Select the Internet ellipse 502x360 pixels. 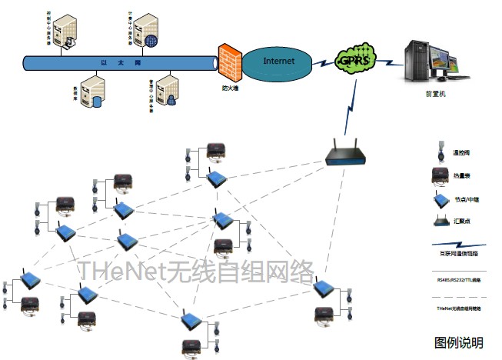coord(279,61)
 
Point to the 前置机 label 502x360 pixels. coord(435,95)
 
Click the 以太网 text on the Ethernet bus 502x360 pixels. coord(112,62)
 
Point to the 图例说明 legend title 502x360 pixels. coord(459,342)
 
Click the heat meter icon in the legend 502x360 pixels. coord(440,175)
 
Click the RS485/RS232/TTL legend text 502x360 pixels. coord(458,281)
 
